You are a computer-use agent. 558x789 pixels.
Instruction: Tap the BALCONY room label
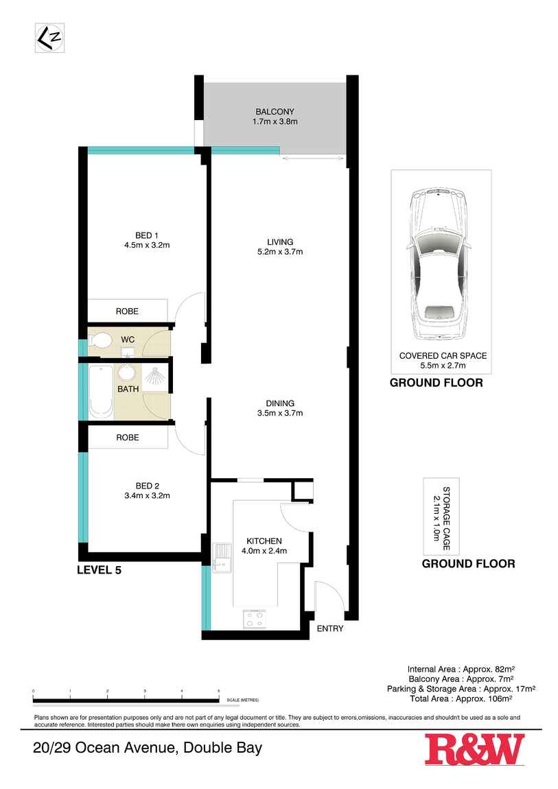coord(275,112)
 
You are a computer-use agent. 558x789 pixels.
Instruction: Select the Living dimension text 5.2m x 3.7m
coord(280,252)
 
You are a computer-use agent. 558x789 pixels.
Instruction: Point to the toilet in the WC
coord(101,340)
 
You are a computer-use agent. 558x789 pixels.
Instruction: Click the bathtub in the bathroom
coord(100,392)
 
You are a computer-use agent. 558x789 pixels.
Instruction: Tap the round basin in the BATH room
coord(127,373)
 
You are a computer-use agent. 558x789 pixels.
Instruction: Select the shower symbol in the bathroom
coord(155,377)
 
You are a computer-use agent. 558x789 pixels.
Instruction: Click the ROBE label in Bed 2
coord(127,438)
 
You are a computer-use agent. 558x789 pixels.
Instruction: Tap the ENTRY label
coord(329,628)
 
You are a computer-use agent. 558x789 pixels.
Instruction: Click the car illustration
coord(439,264)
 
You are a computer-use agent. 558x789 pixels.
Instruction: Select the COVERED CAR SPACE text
coord(443,356)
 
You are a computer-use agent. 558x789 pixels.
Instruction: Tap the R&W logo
coord(474,749)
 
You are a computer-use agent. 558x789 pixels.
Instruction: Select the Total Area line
coord(472,698)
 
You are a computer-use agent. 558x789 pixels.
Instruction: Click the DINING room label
coord(280,403)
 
